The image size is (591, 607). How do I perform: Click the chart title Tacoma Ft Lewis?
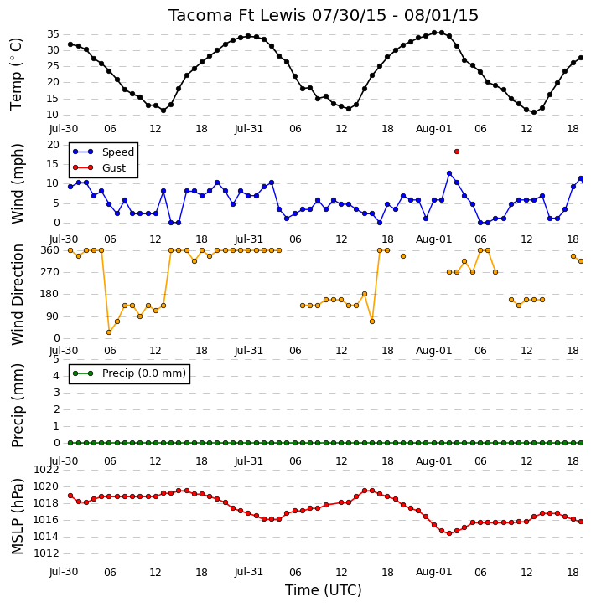pyautogui.click(x=237, y=15)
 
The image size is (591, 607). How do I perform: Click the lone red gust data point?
pyautogui.click(x=457, y=152)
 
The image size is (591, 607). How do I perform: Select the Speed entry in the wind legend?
pyautogui.click(x=104, y=152)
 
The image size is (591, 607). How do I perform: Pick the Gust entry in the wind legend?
pyautogui.click(x=100, y=167)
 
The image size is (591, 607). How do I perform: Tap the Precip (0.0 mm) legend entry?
pyautogui.click(x=129, y=373)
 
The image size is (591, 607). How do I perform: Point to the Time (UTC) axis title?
pyautogui.click(x=324, y=590)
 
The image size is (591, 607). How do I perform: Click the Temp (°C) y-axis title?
pyautogui.click(x=16, y=74)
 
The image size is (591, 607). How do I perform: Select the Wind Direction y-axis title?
pyautogui.click(x=17, y=294)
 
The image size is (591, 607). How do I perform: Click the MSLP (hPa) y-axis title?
pyautogui.click(x=17, y=516)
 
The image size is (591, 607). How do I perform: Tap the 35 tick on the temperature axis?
pyautogui.click(x=53, y=34)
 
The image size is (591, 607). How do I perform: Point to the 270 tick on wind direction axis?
pyautogui.click(x=50, y=272)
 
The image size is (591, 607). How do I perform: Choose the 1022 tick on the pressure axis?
pyautogui.click(x=46, y=470)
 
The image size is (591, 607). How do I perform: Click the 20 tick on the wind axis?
pyautogui.click(x=53, y=145)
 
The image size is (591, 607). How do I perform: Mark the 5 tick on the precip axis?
pyautogui.click(x=56, y=359)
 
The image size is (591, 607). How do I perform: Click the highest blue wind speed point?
pyautogui.click(x=449, y=173)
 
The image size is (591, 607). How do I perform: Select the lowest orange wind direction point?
pyautogui.click(x=109, y=332)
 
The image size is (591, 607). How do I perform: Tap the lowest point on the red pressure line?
pyautogui.click(x=449, y=533)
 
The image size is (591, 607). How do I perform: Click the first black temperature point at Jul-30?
pyautogui.click(x=70, y=44)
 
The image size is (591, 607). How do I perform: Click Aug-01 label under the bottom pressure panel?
pyautogui.click(x=433, y=572)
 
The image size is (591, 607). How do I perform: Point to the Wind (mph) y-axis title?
pyautogui.click(x=17, y=184)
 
